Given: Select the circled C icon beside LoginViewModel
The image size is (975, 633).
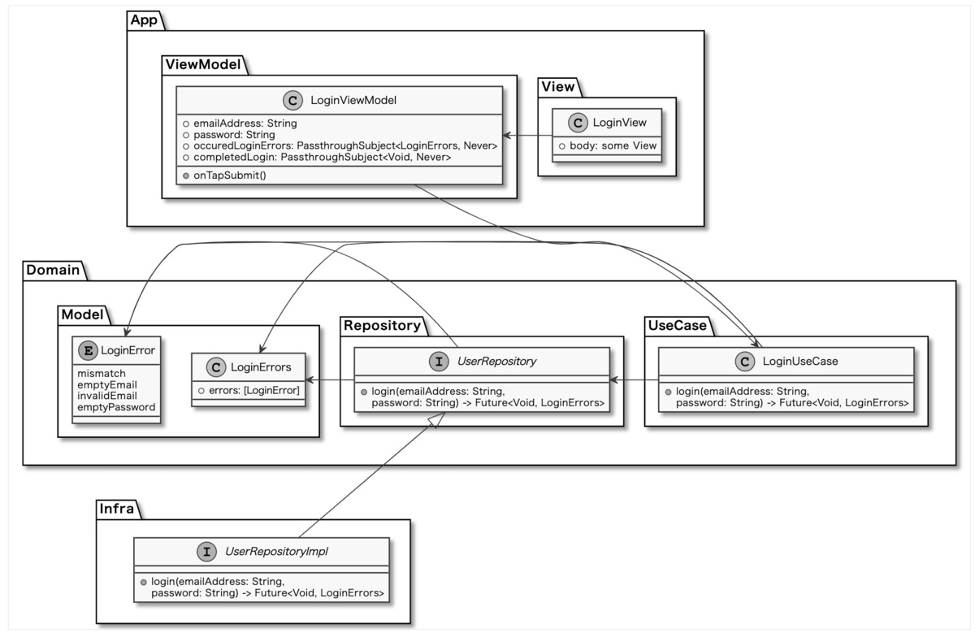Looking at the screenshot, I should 292,100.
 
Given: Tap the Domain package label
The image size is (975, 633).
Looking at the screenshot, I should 53,270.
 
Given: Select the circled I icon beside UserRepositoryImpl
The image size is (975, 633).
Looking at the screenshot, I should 206,552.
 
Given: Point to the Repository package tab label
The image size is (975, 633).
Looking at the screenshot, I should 381,326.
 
